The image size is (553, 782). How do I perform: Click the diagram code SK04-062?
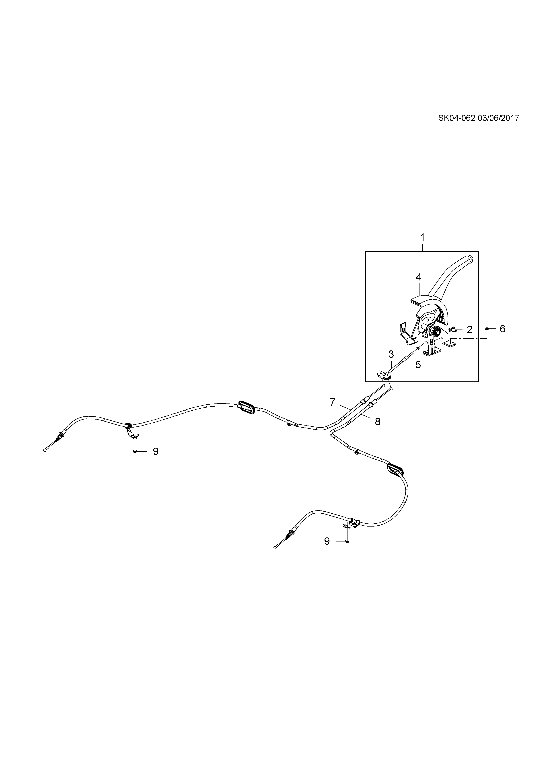[x=456, y=118]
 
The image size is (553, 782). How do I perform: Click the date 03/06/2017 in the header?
[x=499, y=118]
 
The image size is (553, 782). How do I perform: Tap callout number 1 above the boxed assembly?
[x=422, y=237]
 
